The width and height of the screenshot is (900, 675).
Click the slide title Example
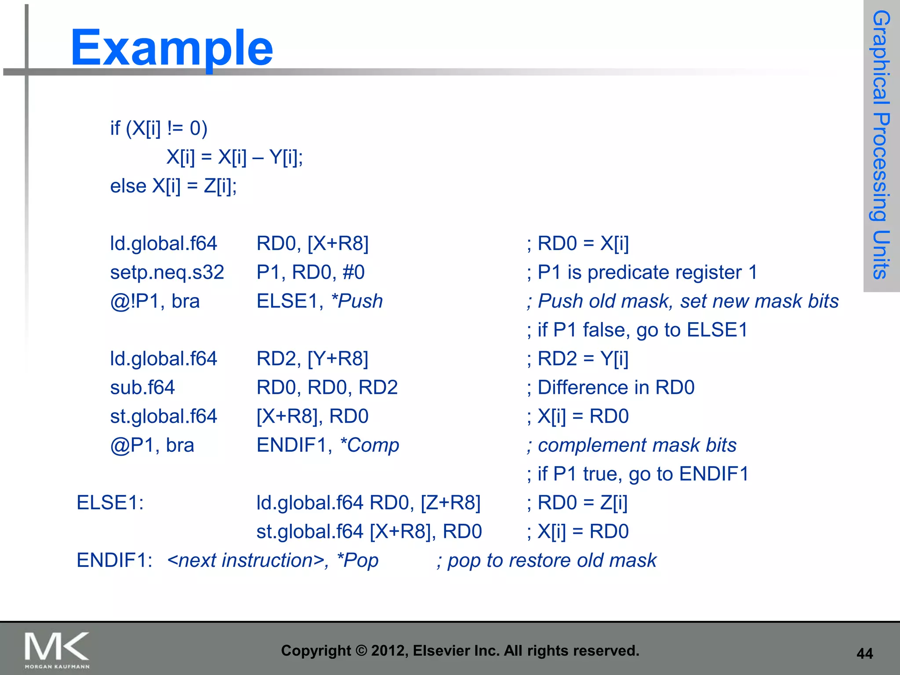(171, 47)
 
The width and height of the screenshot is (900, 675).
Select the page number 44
(864, 653)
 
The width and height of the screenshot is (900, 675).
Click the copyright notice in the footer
(460, 650)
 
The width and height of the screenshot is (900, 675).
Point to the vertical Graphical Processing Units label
(881, 145)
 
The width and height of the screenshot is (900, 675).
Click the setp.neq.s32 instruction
(167, 272)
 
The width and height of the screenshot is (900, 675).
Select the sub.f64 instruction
(142, 388)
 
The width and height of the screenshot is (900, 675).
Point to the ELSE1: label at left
(110, 503)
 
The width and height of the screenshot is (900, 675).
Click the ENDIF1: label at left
(114, 560)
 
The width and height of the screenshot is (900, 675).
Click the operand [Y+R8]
(337, 359)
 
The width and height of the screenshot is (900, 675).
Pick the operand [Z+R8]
(450, 503)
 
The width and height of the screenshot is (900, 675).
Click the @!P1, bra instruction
(155, 301)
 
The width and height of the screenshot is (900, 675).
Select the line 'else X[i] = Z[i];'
(173, 186)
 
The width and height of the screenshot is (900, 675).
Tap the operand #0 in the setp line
(353, 272)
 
